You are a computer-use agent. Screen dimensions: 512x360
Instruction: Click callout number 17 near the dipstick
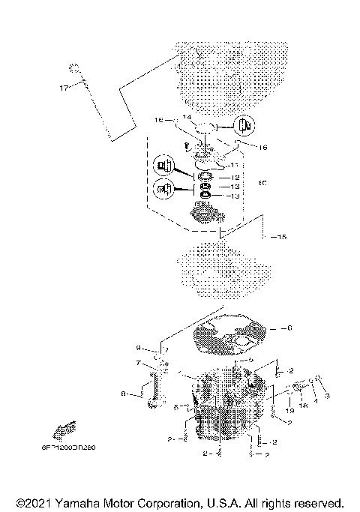pos(63,88)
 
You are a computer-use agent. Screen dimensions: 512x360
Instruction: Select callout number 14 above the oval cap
pos(187,118)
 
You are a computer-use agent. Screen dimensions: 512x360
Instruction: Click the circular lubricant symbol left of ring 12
pos(163,165)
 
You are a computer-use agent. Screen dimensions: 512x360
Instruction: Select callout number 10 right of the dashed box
pos(261,183)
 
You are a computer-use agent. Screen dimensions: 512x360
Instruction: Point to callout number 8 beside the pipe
pos(124,392)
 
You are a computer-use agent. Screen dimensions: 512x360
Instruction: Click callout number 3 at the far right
pos(326,394)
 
